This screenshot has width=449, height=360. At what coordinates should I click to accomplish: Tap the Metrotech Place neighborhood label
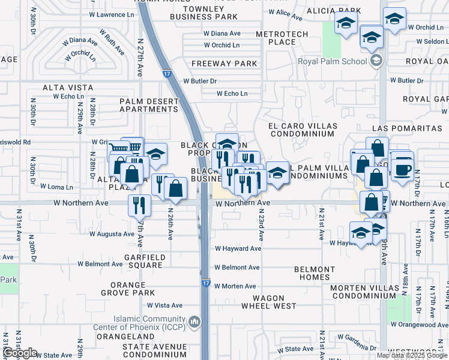point(282,38)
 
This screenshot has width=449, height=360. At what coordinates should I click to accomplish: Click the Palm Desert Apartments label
point(149,105)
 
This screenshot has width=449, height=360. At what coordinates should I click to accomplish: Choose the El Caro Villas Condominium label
point(303,130)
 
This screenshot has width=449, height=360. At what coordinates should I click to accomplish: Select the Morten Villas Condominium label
point(364,292)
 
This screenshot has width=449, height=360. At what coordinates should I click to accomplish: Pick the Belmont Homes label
point(315,274)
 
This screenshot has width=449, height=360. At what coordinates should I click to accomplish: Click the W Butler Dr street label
point(200,80)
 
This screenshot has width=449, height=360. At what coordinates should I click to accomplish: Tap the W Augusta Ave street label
point(111,234)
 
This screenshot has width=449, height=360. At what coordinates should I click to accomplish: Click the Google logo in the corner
point(19,353)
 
